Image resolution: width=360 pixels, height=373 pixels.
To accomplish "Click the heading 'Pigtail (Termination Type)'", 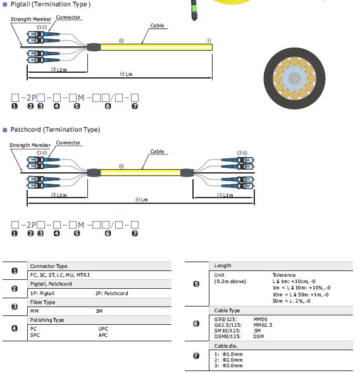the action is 51,4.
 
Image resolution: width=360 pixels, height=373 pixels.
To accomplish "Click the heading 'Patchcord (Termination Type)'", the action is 56,130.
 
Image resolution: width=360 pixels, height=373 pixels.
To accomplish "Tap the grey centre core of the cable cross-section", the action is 294,79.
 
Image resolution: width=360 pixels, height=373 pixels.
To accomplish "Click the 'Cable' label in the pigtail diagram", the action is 157,25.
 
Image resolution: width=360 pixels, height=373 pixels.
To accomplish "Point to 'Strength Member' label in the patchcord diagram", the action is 30,145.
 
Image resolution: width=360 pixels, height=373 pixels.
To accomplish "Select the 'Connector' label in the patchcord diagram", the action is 68,142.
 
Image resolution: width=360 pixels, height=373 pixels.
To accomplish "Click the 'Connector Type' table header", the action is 49,266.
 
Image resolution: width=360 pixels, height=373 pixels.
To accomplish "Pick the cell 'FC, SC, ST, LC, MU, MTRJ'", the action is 60,275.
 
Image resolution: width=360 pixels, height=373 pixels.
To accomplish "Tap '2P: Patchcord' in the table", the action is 112,293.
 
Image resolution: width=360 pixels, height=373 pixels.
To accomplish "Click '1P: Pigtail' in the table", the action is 42,293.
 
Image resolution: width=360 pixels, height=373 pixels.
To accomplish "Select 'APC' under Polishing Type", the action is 103,335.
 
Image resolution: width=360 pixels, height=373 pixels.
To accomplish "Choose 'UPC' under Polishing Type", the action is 103,329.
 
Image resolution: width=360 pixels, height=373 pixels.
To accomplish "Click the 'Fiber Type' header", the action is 43,302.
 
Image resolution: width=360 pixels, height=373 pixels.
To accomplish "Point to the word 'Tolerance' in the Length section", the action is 284,275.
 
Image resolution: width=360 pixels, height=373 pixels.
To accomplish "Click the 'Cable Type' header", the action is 227,310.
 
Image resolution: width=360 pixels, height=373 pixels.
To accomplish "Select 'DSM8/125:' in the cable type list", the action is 227,336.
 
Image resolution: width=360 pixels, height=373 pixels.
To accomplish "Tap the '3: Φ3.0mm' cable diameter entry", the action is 228,365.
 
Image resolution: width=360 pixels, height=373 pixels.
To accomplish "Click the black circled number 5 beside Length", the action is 196,284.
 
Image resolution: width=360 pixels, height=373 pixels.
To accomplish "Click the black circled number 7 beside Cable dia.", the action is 196,356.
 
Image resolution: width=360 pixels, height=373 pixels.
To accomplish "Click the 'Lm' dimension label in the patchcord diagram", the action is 144,199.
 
